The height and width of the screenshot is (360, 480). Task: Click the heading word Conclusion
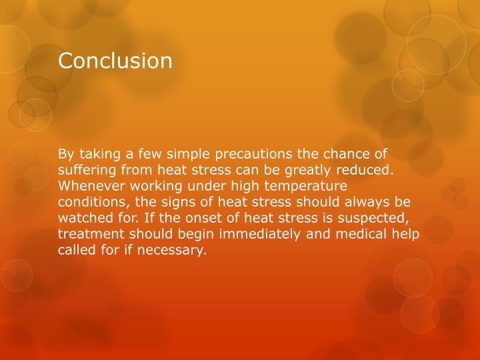click(x=115, y=61)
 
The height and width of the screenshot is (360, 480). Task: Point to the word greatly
click(x=311, y=169)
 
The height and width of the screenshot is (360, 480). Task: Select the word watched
click(x=86, y=217)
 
